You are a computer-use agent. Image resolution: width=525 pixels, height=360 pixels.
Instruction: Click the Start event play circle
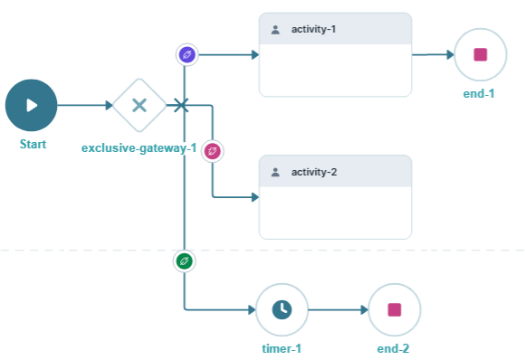pyautogui.click(x=31, y=105)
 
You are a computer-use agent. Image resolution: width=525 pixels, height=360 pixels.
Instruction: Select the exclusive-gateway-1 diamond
pyautogui.click(x=139, y=105)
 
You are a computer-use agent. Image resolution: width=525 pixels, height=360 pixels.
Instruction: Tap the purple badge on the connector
pyautogui.click(x=186, y=54)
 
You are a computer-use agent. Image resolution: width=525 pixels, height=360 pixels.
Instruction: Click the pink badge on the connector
pyautogui.click(x=213, y=150)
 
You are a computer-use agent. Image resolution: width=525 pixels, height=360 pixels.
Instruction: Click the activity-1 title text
pyautogui.click(x=313, y=29)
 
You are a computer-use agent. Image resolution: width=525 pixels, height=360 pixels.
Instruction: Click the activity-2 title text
pyautogui.click(x=313, y=172)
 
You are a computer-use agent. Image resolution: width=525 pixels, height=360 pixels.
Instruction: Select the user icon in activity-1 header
pyautogui.click(x=275, y=29)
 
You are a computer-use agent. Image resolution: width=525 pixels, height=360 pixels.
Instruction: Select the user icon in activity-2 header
pyautogui.click(x=275, y=172)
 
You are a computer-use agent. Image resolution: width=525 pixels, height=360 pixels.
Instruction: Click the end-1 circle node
pyautogui.click(x=480, y=54)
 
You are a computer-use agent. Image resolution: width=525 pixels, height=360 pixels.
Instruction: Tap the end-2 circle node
pyautogui.click(x=394, y=310)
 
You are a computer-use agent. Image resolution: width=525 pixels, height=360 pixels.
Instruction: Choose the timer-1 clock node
pyautogui.click(x=282, y=310)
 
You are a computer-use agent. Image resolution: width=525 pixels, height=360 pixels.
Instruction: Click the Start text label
pyautogui.click(x=32, y=145)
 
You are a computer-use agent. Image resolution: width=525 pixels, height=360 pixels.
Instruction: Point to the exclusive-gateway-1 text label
pyautogui.click(x=138, y=147)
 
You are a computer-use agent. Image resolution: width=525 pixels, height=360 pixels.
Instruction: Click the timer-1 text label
pyautogui.click(x=281, y=348)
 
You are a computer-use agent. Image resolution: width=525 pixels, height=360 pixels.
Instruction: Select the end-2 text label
pyautogui.click(x=395, y=348)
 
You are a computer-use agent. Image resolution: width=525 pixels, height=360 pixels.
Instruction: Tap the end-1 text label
pyautogui.click(x=480, y=92)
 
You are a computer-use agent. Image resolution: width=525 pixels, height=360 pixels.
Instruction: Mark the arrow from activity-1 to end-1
pyautogui.click(x=433, y=54)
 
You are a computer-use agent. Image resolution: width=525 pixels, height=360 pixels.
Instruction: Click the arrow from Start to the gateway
pyautogui.click(x=84, y=105)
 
